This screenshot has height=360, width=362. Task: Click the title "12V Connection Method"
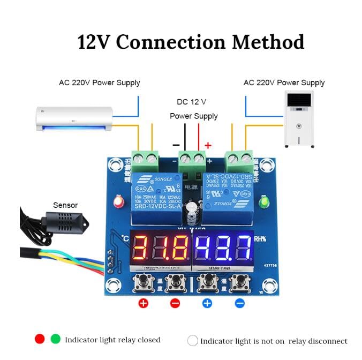(191, 42)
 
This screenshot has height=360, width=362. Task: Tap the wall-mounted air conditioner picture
(74, 118)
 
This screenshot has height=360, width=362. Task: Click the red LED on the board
(117, 202)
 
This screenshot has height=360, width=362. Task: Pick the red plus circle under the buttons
(143, 303)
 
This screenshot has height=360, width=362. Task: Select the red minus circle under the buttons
(175, 303)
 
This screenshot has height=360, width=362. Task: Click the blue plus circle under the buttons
(207, 303)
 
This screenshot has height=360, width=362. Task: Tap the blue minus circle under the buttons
(239, 303)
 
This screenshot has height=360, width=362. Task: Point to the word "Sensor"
(65, 205)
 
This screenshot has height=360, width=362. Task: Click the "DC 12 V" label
(191, 101)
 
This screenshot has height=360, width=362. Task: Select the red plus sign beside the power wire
(208, 145)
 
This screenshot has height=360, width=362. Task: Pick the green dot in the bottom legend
(55, 339)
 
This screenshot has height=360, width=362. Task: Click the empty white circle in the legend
(193, 341)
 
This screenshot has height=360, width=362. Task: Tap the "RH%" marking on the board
(261, 239)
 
